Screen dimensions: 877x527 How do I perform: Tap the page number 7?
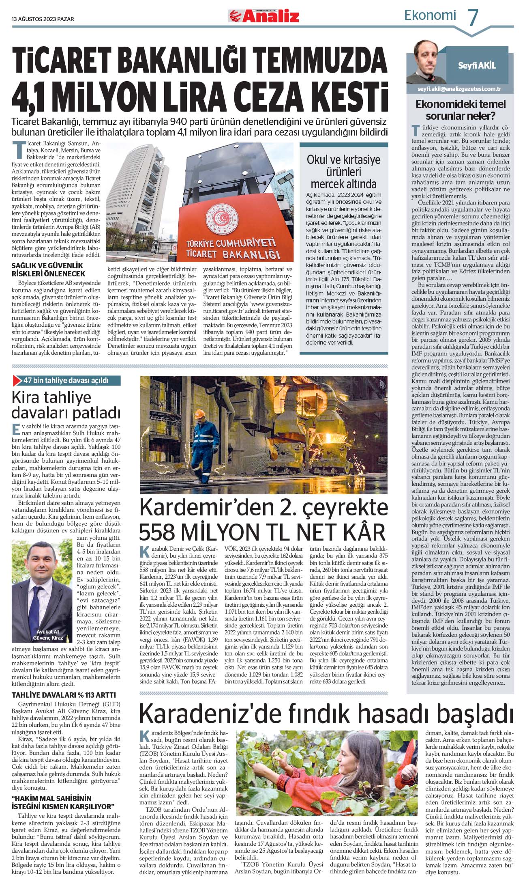tap(473, 17)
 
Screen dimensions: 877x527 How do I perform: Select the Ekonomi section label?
tap(430, 15)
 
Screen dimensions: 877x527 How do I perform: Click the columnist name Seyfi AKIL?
tap(477, 66)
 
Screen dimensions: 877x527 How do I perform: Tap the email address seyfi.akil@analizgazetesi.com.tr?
tap(459, 89)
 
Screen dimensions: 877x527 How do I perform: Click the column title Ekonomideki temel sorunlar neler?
tap(461, 110)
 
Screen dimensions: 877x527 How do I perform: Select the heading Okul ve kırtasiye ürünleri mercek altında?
tap(343, 172)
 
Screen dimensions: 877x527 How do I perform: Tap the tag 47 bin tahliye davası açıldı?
tap(66, 380)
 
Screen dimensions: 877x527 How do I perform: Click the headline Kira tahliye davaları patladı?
tap(66, 405)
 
